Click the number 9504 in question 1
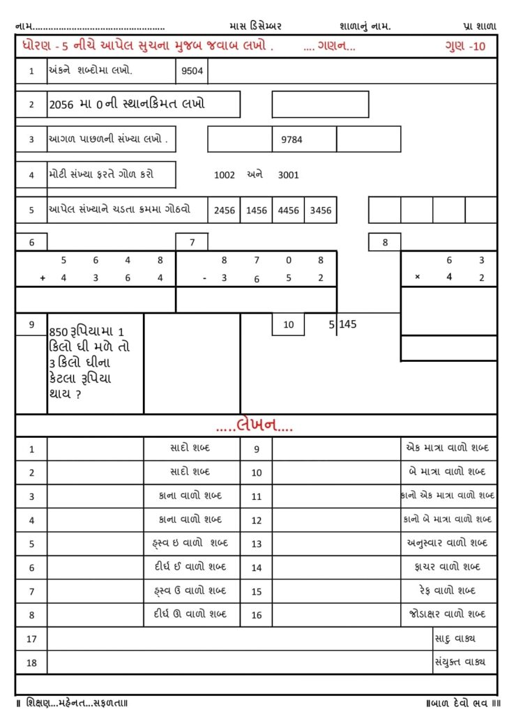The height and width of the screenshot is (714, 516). pyautogui.click(x=192, y=70)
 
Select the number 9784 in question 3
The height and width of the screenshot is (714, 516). pyautogui.click(x=291, y=139)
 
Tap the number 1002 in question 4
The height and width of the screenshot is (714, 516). pyautogui.click(x=225, y=175)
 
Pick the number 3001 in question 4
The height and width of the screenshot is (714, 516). pyautogui.click(x=288, y=175)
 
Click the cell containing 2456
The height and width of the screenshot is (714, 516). pyautogui.click(x=225, y=210)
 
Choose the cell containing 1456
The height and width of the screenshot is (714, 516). pyautogui.click(x=257, y=210)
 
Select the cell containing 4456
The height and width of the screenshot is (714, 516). pyautogui.click(x=289, y=210)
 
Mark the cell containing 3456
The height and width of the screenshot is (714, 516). pyautogui.click(x=321, y=210)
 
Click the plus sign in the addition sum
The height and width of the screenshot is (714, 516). pyautogui.click(x=43, y=278)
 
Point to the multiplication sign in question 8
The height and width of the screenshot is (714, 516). pyautogui.click(x=418, y=277)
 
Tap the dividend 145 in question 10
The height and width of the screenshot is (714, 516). pyautogui.click(x=348, y=324)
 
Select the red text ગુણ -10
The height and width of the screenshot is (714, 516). pyautogui.click(x=465, y=47)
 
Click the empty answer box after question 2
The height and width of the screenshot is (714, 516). pyautogui.click(x=320, y=105)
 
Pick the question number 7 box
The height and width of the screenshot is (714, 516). pyautogui.click(x=192, y=242)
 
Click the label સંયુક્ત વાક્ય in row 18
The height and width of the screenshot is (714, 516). pyautogui.click(x=460, y=662)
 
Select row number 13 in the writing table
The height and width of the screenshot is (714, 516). pyautogui.click(x=256, y=544)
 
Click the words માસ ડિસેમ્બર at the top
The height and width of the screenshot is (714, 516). pyautogui.click(x=255, y=26)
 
